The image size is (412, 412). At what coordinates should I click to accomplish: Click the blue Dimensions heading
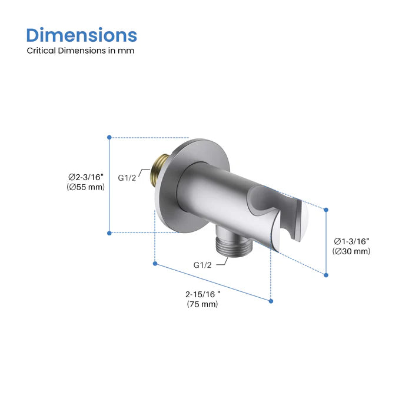(82, 35)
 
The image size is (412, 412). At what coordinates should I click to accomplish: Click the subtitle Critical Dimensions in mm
(81, 51)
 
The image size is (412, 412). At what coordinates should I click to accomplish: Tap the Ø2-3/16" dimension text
(86, 177)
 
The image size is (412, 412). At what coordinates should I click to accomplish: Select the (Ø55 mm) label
(86, 187)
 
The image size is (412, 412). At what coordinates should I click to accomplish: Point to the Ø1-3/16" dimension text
(351, 241)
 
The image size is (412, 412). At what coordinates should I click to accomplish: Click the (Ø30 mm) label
(351, 251)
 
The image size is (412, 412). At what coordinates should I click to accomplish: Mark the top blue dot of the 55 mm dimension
(109, 137)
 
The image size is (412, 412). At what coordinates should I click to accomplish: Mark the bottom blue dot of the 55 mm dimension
(109, 233)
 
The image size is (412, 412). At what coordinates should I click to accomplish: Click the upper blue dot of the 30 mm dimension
(326, 208)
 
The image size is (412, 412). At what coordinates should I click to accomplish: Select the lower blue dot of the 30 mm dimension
(326, 274)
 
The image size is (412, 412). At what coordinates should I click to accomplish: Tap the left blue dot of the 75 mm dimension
(155, 265)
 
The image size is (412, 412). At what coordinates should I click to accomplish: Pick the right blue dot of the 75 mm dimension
(271, 301)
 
